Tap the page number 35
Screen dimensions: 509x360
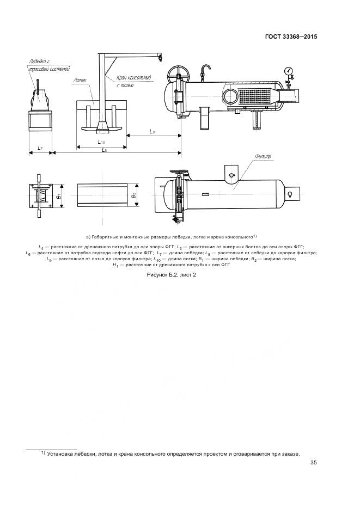(313, 463)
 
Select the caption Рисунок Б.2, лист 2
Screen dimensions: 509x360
(172, 275)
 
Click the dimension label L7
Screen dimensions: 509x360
(40, 148)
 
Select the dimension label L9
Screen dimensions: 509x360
(153, 132)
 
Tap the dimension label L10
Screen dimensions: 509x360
(101, 142)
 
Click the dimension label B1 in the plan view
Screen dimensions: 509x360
(58, 195)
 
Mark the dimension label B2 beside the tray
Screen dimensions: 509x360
(133, 194)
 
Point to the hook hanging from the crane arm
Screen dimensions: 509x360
(160, 57)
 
